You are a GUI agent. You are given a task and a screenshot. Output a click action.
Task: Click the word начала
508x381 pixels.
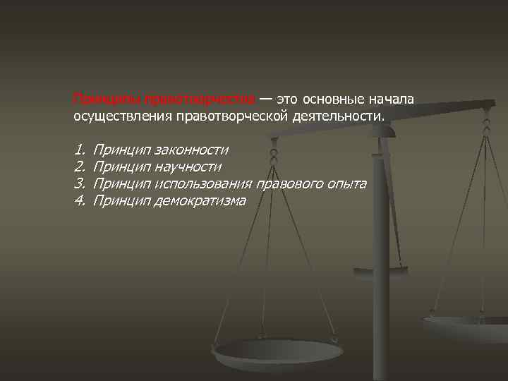point(396,98)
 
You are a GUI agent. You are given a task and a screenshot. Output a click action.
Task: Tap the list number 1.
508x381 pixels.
point(78,150)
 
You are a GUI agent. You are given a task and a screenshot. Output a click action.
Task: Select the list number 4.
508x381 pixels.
point(78,201)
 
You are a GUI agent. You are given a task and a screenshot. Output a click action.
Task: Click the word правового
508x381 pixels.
point(289,184)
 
